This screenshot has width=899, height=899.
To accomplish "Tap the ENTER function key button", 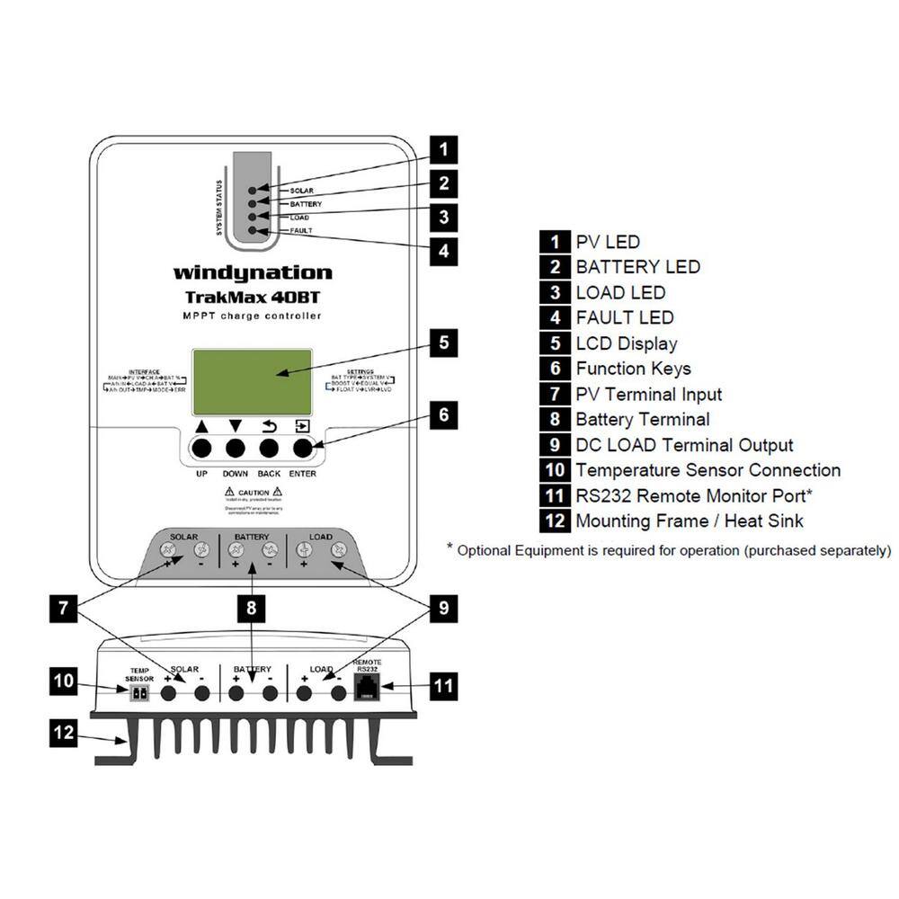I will (303, 448).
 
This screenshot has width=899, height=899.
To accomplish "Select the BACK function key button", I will (269, 448).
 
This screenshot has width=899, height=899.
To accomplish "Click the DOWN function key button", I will (236, 448).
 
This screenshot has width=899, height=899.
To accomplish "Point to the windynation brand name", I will (253, 272).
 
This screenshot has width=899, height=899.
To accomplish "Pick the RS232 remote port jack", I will (367, 691).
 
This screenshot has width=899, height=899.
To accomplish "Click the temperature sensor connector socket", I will (139, 693).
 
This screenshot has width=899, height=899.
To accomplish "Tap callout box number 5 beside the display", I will (444, 343).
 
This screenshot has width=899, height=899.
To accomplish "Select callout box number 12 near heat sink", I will (62, 733).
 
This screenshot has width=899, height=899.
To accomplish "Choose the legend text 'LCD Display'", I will (627, 343).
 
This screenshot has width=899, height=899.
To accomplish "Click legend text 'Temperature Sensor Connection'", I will (708, 470).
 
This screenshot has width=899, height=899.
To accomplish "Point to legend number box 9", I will (556, 445).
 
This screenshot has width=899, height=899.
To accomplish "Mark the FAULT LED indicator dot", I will (253, 231).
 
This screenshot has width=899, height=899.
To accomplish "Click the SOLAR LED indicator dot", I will (253, 191).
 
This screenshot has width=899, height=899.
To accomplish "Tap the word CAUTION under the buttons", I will (253, 493).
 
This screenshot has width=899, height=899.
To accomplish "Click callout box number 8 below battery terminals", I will (252, 609).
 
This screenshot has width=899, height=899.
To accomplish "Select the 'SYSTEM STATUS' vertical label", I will (218, 209).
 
